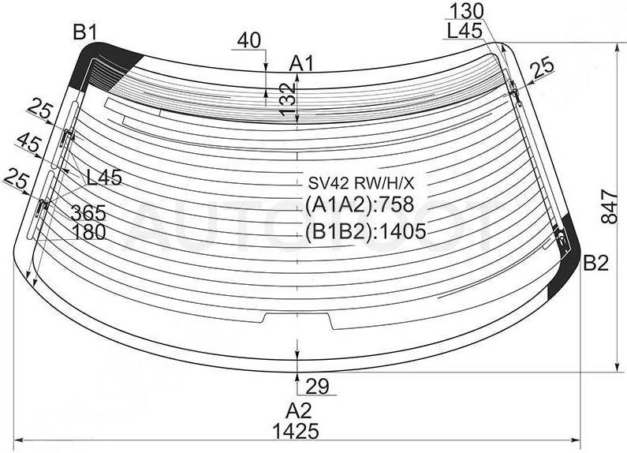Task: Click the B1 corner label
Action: pos(84,32)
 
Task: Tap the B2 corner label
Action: pos(595,264)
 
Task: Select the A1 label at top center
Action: pos(302,63)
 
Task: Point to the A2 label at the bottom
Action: pos(298,411)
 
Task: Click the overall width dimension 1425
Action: pos(296,432)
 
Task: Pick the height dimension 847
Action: pos(610,207)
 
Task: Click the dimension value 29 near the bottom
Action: pos(317,386)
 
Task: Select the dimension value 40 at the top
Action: pos(248,40)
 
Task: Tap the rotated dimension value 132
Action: pos(287,99)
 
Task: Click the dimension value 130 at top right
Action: pos(467,12)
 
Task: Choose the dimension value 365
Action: pos(88,212)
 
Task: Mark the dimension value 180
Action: pos(88,232)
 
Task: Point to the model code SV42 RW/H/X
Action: pos(360,183)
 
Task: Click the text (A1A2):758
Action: pos(360,205)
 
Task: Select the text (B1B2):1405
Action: pos(365,231)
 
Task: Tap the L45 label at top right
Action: pos(465,31)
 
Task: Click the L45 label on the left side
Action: pos(104,178)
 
